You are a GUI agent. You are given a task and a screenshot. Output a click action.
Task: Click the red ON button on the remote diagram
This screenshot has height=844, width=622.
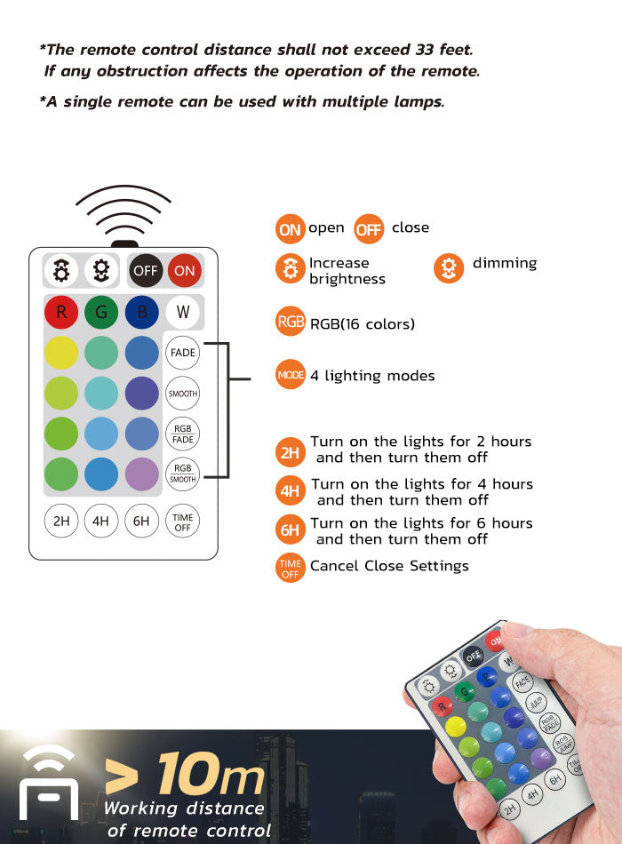[x=185, y=270]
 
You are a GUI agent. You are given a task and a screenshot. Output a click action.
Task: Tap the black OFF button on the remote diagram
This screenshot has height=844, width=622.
[x=146, y=270]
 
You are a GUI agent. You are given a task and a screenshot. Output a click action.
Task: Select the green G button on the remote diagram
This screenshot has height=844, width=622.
[x=101, y=312]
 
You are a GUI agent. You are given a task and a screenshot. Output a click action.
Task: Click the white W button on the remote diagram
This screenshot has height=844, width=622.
[x=183, y=312]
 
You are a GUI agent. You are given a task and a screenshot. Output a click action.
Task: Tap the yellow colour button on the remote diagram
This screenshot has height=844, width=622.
[x=61, y=353]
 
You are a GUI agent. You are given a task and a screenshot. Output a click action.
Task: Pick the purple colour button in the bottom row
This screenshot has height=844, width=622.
[x=141, y=474]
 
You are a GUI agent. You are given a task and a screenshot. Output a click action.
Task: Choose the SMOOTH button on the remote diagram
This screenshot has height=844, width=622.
[x=183, y=394]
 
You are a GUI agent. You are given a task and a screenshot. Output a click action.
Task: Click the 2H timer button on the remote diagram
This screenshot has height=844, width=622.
[x=61, y=522]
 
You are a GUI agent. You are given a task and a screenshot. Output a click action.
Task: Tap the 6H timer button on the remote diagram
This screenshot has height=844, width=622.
[x=141, y=522]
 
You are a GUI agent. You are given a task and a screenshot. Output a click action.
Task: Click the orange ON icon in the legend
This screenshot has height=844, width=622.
[x=290, y=229]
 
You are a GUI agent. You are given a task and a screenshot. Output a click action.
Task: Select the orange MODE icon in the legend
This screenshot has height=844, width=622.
[x=291, y=375]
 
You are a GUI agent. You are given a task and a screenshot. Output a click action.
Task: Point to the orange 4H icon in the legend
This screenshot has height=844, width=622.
[x=291, y=491]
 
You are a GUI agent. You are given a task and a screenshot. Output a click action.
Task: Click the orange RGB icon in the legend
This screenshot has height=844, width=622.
[x=291, y=322]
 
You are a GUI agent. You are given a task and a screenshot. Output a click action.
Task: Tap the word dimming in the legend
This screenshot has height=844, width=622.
[x=505, y=263]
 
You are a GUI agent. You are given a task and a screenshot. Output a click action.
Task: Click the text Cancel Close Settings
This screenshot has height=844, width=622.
[x=389, y=566]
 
